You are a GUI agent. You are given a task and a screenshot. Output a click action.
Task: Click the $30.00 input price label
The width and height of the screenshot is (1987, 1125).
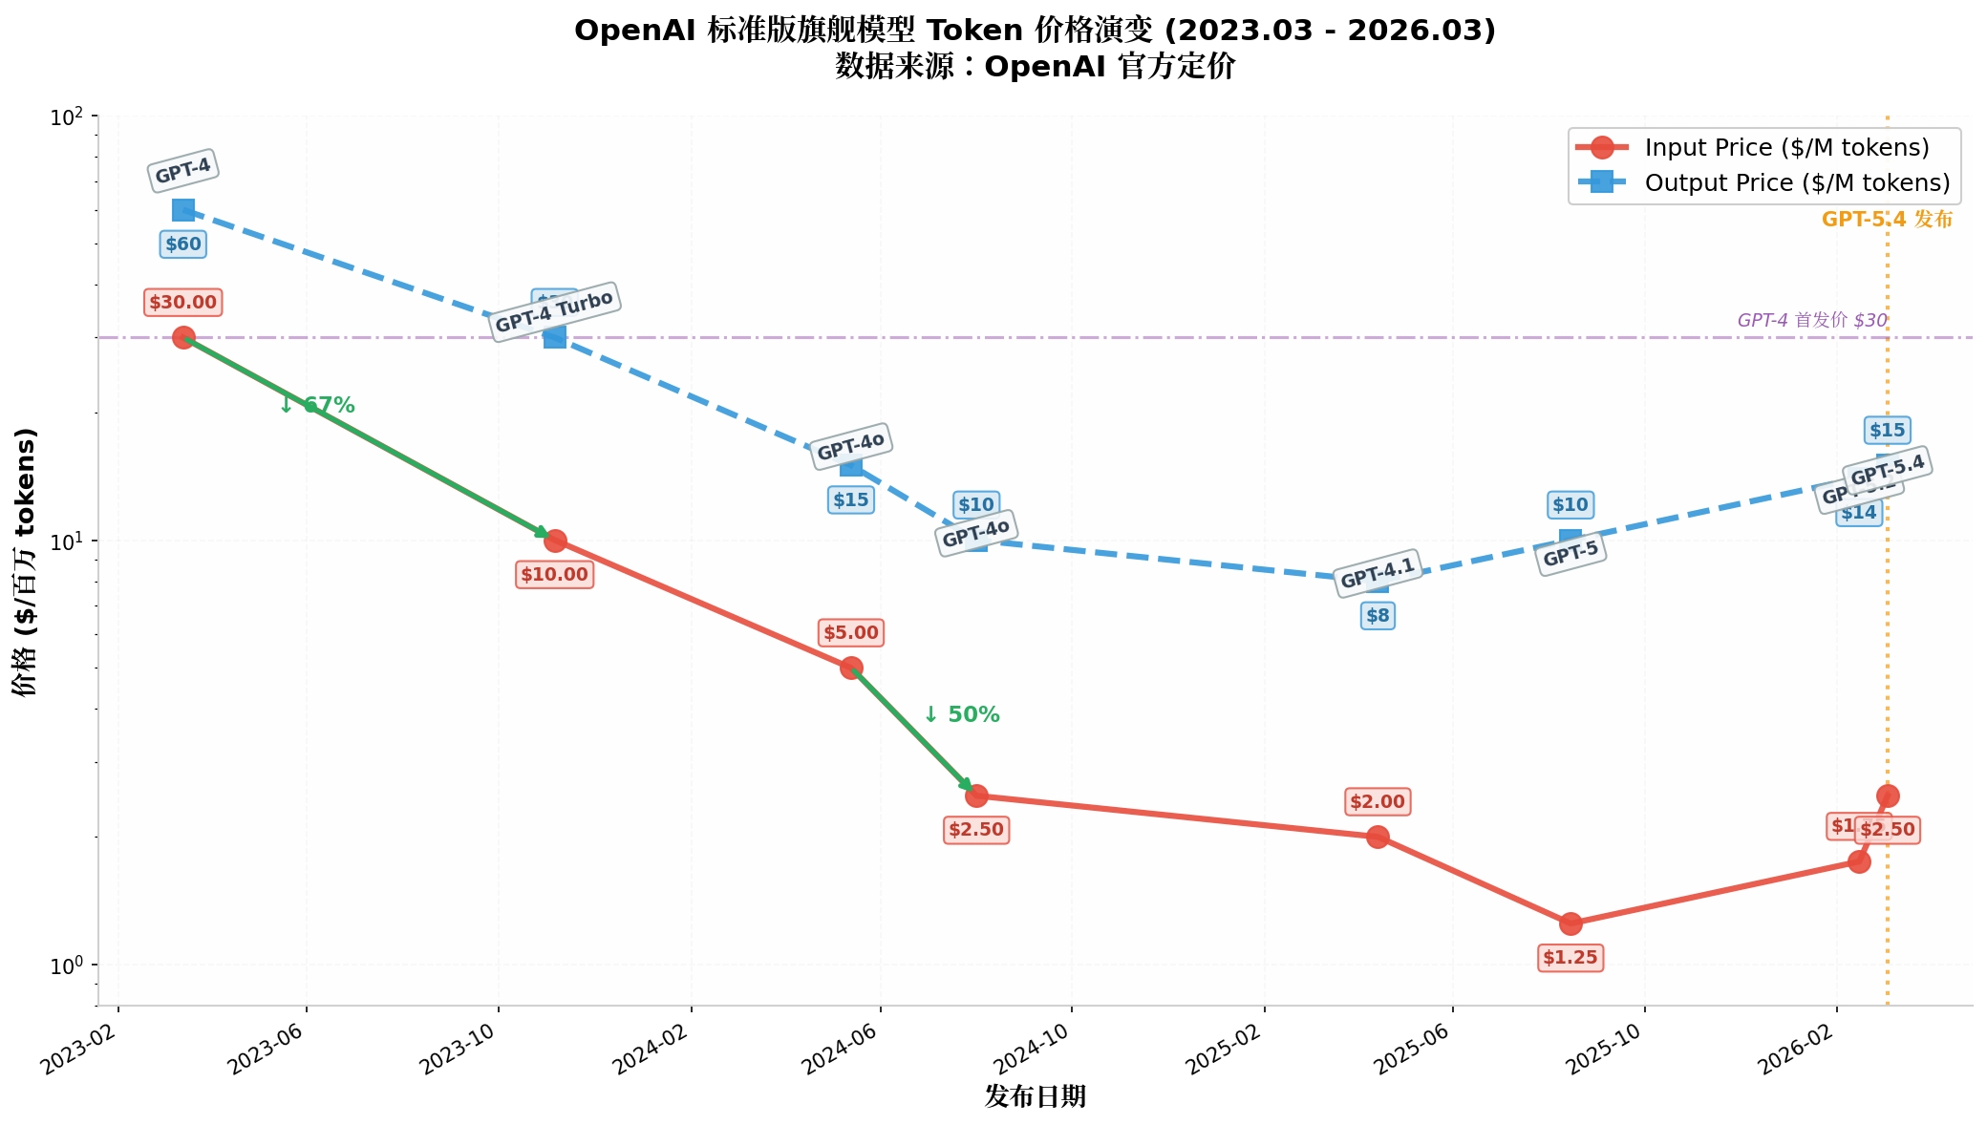point(182,303)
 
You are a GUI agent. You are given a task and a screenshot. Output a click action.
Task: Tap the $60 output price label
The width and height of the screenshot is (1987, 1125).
point(182,244)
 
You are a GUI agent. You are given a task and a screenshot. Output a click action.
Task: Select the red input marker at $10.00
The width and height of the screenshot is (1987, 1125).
point(555,541)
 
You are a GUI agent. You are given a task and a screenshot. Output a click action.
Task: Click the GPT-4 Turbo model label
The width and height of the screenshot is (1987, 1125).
point(554,311)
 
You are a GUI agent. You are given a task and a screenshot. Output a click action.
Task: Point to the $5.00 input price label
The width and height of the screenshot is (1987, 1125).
point(850,632)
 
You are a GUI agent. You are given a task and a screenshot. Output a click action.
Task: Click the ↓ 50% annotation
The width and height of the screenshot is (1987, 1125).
point(961,714)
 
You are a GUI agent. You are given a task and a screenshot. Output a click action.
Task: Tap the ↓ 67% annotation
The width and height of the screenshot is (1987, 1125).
point(317,406)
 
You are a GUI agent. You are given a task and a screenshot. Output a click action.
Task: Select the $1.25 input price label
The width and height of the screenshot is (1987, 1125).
point(1570,957)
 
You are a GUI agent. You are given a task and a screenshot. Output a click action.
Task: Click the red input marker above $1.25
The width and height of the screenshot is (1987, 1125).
point(1570,923)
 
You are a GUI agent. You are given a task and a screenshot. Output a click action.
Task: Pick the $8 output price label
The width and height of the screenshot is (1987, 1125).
point(1378,616)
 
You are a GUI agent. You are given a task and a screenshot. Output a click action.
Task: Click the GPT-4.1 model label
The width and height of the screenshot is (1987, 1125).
point(1377,573)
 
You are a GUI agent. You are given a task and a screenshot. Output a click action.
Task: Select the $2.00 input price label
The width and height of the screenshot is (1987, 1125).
point(1377,801)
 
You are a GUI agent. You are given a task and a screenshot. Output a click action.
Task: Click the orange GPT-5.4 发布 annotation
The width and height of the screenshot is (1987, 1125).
point(1887,220)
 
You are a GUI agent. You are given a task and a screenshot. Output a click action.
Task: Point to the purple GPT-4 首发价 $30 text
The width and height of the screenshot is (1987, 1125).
point(1811,320)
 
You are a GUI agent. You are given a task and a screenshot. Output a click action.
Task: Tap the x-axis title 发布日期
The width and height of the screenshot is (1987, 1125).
point(1035,1096)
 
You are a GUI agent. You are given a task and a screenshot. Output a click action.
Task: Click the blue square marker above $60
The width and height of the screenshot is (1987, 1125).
point(183,210)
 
